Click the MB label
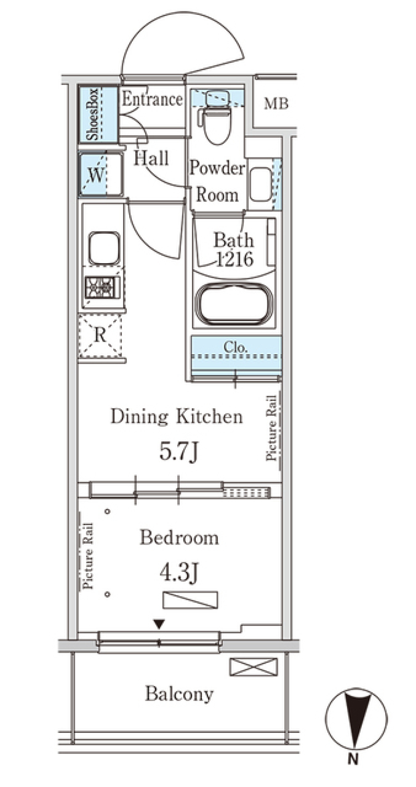tap(276, 104)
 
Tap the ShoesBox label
tap(92, 115)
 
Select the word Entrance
tap(152, 99)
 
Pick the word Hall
tap(151, 158)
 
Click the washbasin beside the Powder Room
tap(261, 184)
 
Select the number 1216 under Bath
tap(234, 259)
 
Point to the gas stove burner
tap(102, 287)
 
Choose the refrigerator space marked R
tap(100, 336)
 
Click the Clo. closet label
tap(236, 347)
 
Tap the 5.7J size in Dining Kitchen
tap(179, 452)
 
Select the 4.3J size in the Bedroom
tap(179, 574)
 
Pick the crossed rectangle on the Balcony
tap(253, 667)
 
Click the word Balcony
tap(179, 694)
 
